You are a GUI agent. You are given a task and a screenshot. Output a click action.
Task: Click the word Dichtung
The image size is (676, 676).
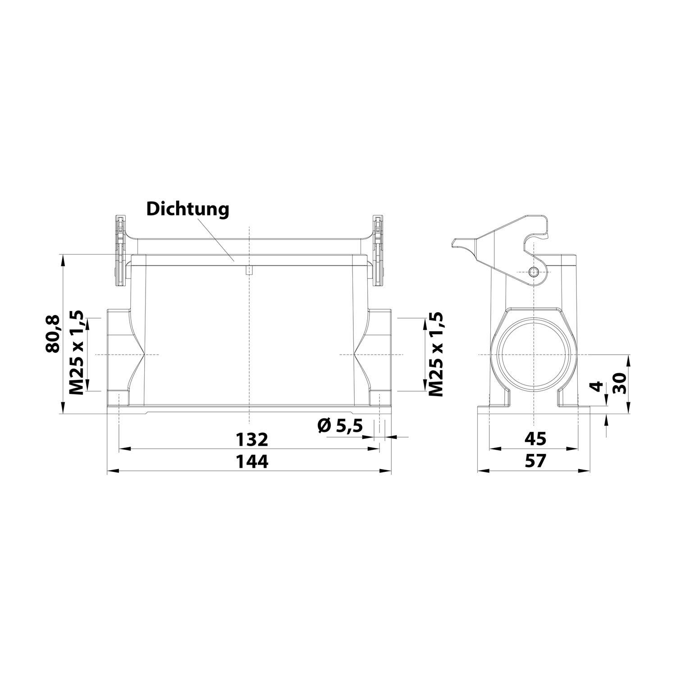188,210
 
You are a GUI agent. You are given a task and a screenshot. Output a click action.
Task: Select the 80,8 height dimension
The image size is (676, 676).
53,334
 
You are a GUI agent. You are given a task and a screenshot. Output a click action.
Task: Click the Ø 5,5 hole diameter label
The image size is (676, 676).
340,425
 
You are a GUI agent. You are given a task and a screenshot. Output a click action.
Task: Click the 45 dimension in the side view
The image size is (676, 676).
535,438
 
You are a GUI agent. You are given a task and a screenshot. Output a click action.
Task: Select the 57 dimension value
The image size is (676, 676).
535,461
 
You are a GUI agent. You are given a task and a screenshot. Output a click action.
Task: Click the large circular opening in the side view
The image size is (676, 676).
534,354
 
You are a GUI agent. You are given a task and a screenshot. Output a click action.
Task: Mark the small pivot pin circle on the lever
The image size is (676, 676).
534,272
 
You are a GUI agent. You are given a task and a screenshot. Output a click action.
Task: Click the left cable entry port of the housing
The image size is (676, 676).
118,355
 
